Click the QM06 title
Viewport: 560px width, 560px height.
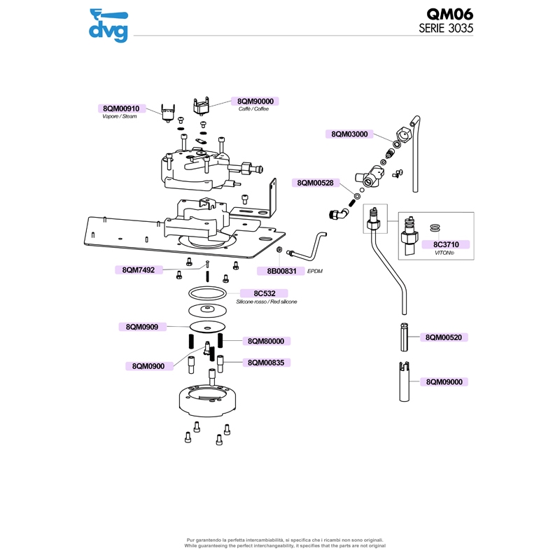point(450,15)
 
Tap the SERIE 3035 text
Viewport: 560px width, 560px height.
point(446,29)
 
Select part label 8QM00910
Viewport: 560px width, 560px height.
point(121,108)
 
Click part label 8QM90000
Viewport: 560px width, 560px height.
point(255,101)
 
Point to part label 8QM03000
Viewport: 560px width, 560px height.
point(349,134)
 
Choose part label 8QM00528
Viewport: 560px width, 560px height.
point(316,183)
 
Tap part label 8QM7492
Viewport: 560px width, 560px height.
point(138,269)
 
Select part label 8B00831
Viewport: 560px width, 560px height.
point(281,270)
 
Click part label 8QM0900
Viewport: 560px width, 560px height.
point(148,366)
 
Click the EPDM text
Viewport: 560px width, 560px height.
point(315,270)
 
